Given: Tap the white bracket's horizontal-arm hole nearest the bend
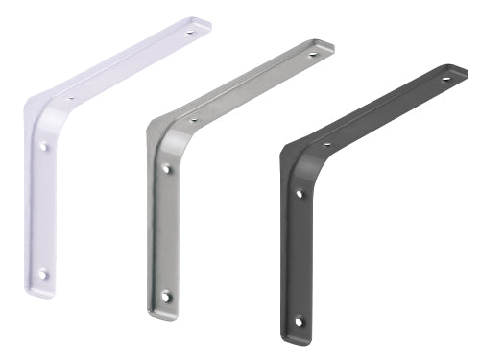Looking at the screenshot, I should point(71,97).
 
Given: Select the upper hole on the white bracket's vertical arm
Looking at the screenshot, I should point(44,147).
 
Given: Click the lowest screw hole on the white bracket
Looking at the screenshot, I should point(42,274).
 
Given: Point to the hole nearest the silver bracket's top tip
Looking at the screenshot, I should point(311,55).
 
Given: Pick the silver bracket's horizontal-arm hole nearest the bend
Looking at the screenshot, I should point(193,120).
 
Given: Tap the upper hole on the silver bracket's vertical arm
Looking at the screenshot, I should point(166,169).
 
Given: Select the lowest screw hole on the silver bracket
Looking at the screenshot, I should point(165,296).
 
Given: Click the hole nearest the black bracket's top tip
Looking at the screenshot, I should point(445,80).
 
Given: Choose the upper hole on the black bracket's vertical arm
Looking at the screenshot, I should point(300,194).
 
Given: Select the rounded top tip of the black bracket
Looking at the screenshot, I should point(462,70).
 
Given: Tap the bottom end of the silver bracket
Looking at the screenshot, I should point(161,314).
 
